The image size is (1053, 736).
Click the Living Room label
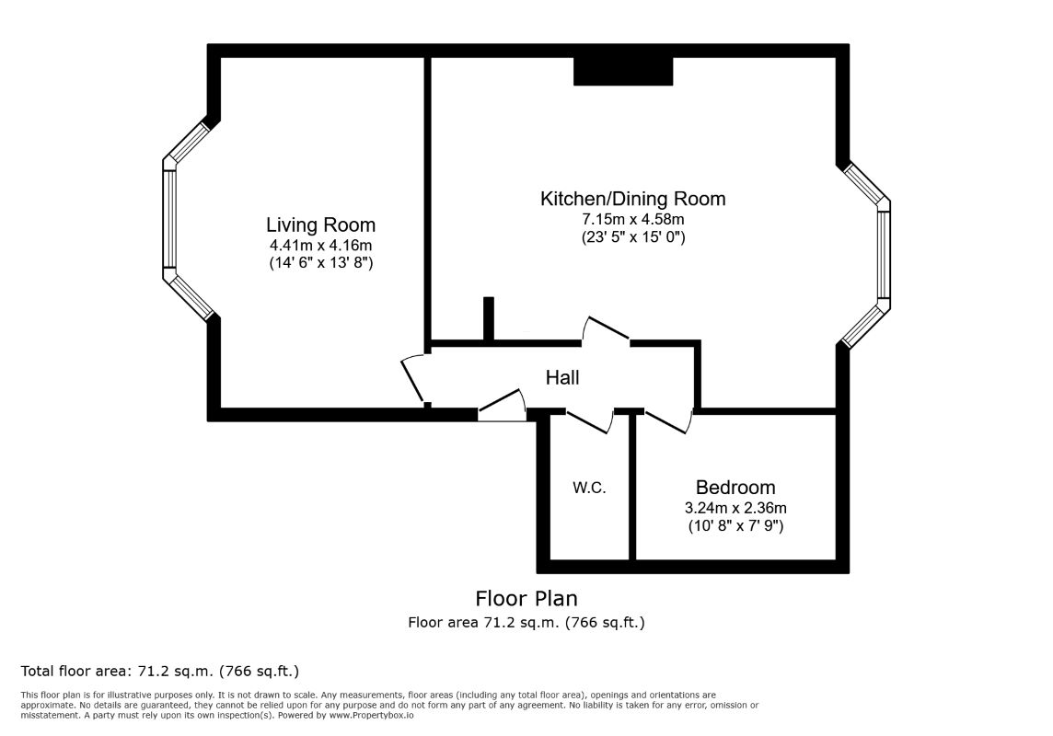[320, 224]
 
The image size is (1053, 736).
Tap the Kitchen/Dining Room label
[632, 199]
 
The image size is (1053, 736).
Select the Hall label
[562, 378]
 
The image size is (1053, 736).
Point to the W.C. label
[589, 488]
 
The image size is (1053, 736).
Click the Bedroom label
[735, 487]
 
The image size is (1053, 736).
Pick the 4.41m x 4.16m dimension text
[320, 245]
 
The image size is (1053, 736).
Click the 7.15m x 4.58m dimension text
[632, 219]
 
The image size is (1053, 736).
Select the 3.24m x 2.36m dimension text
[735, 508]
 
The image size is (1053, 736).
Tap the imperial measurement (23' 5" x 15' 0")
[632, 236]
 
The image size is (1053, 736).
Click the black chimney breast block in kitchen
[623, 71]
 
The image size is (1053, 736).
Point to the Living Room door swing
[413, 380]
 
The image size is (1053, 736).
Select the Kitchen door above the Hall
[606, 330]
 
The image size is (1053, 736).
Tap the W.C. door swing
[590, 420]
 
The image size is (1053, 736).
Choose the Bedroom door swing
[668, 420]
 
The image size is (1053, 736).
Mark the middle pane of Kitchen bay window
[884, 255]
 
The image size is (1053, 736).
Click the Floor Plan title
[526, 598]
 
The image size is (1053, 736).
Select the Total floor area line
[160, 671]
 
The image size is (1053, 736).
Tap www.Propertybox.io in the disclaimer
[371, 715]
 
